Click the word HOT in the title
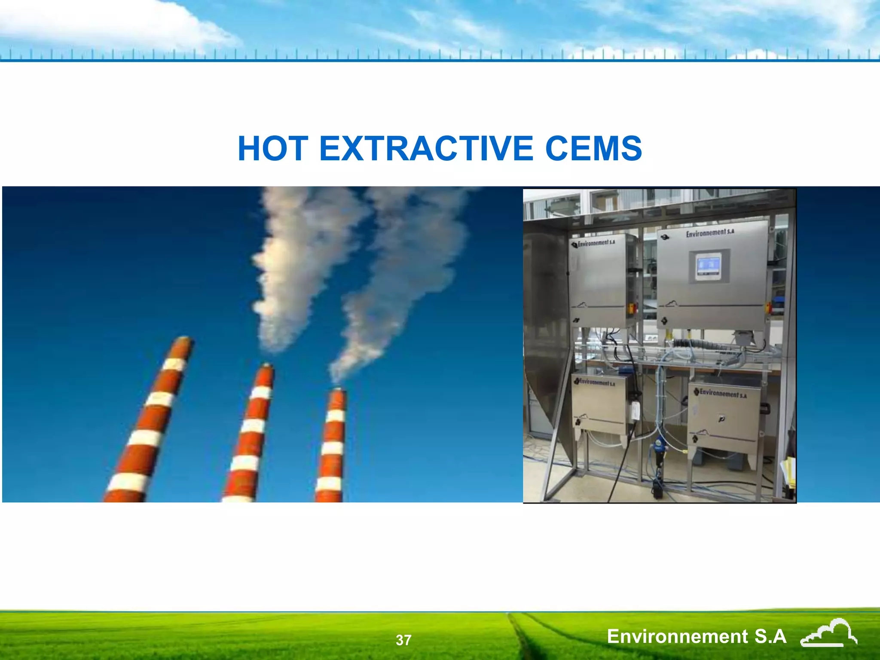pyautogui.click(x=273, y=148)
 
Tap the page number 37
pyautogui.click(x=403, y=640)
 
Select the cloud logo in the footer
pyautogui.click(x=828, y=633)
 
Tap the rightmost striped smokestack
pyautogui.click(x=332, y=447)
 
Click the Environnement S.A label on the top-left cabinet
pyautogui.click(x=596, y=243)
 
